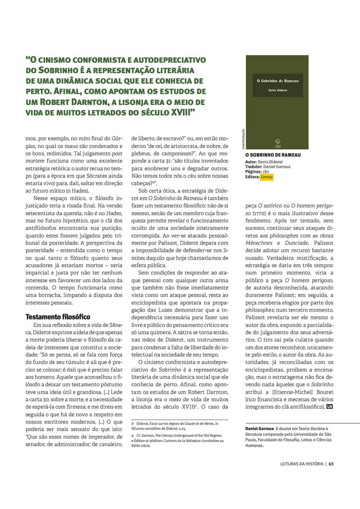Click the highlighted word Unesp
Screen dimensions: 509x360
tap(267, 177)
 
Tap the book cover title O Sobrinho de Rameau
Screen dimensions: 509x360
tap(277, 81)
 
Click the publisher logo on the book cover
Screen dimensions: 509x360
tap(278, 143)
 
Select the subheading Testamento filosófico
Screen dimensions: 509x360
tap(58, 317)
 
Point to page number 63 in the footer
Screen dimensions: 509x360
tap(331, 464)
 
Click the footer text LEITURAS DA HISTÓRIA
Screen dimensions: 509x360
tap(302, 464)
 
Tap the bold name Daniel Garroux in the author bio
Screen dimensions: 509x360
tap(260, 429)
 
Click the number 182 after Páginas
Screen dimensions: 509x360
tap(266, 172)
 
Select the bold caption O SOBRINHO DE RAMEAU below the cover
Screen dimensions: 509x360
tap(273, 155)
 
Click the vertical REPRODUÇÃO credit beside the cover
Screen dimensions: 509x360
tap(243, 139)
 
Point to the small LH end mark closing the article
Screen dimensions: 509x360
tap(329, 407)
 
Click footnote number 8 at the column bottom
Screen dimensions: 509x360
tap(133, 424)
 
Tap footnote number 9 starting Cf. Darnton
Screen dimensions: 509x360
tap(133, 436)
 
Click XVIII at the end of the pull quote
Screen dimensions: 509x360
tap(180, 113)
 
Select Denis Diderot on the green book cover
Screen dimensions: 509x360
tap(277, 90)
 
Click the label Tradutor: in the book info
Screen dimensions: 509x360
tap(254, 167)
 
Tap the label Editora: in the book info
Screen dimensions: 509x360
tap(252, 177)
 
